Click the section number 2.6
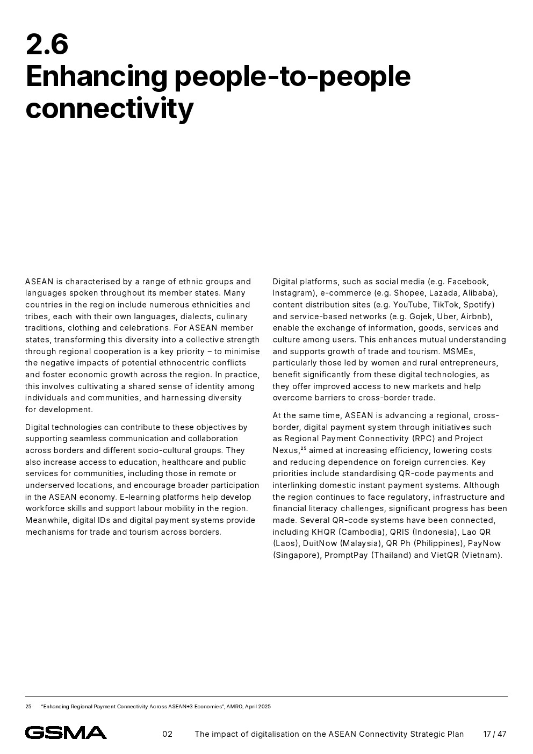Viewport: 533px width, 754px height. tap(47, 45)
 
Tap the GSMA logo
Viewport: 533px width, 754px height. tap(66, 733)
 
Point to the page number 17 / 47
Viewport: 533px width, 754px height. tap(494, 734)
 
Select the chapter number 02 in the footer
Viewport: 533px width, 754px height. tap(168, 734)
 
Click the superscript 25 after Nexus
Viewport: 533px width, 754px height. tap(304, 448)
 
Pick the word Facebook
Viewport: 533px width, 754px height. tap(467, 282)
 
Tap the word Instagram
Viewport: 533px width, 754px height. tap(293, 293)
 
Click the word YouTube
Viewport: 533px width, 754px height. tap(410, 305)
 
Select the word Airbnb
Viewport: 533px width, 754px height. tap(476, 317)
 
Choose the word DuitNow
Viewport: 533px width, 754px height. tap(320, 543)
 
